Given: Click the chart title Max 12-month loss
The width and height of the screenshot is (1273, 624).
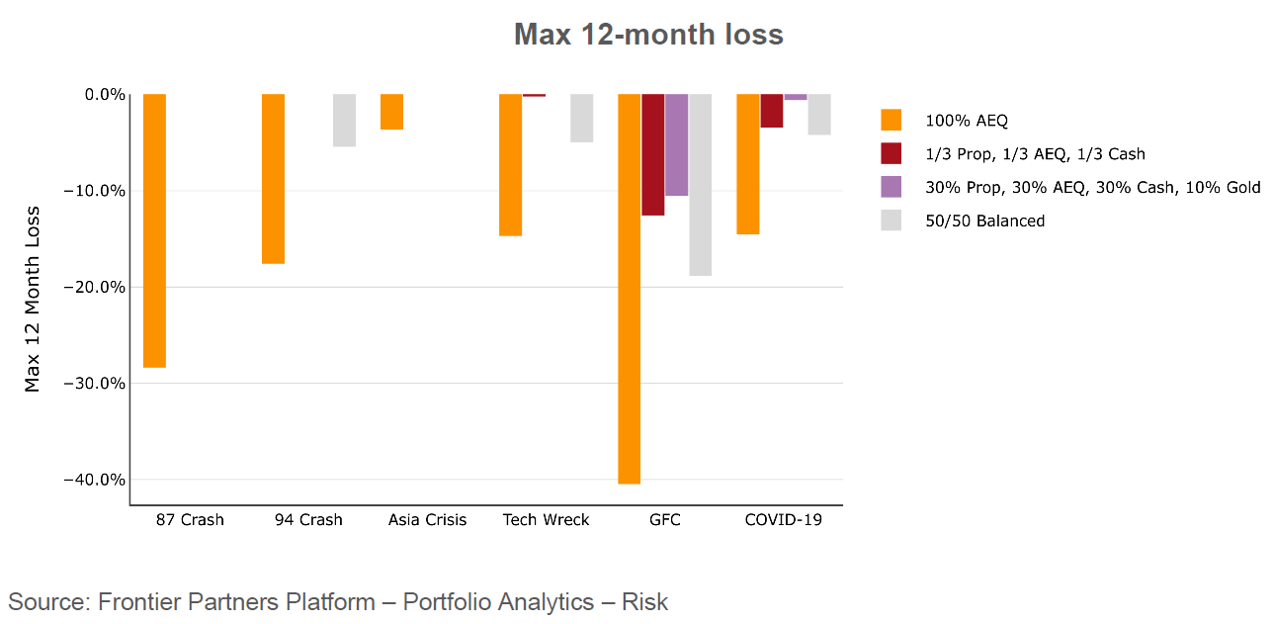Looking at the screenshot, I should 648,35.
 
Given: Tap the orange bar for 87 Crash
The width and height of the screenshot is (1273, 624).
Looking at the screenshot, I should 154,230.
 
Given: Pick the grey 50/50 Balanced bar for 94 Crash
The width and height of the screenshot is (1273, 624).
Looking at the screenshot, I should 344,121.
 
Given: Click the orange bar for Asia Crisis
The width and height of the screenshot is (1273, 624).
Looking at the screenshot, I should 391,112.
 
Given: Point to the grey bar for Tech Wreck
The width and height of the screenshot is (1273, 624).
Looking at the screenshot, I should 581,119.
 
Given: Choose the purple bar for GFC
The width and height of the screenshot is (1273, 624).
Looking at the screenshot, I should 676,145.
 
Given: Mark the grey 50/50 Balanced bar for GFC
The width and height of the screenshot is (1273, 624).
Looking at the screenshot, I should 700,185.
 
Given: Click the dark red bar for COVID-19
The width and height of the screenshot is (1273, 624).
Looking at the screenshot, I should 772,111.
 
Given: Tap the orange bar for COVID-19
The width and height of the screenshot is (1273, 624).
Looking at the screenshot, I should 747,164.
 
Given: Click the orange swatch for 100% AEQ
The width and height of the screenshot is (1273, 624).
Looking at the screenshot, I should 891,121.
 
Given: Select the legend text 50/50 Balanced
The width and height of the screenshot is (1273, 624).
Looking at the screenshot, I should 984,221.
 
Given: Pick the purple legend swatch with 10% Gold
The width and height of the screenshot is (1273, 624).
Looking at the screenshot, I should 891,187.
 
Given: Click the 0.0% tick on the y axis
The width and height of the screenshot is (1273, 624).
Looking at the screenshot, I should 104,95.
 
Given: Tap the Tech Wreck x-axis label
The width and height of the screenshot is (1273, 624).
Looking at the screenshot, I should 546,520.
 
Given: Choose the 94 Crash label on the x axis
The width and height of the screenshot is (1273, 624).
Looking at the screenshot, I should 308,520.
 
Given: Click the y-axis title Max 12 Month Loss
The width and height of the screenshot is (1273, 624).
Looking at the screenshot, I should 34,299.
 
